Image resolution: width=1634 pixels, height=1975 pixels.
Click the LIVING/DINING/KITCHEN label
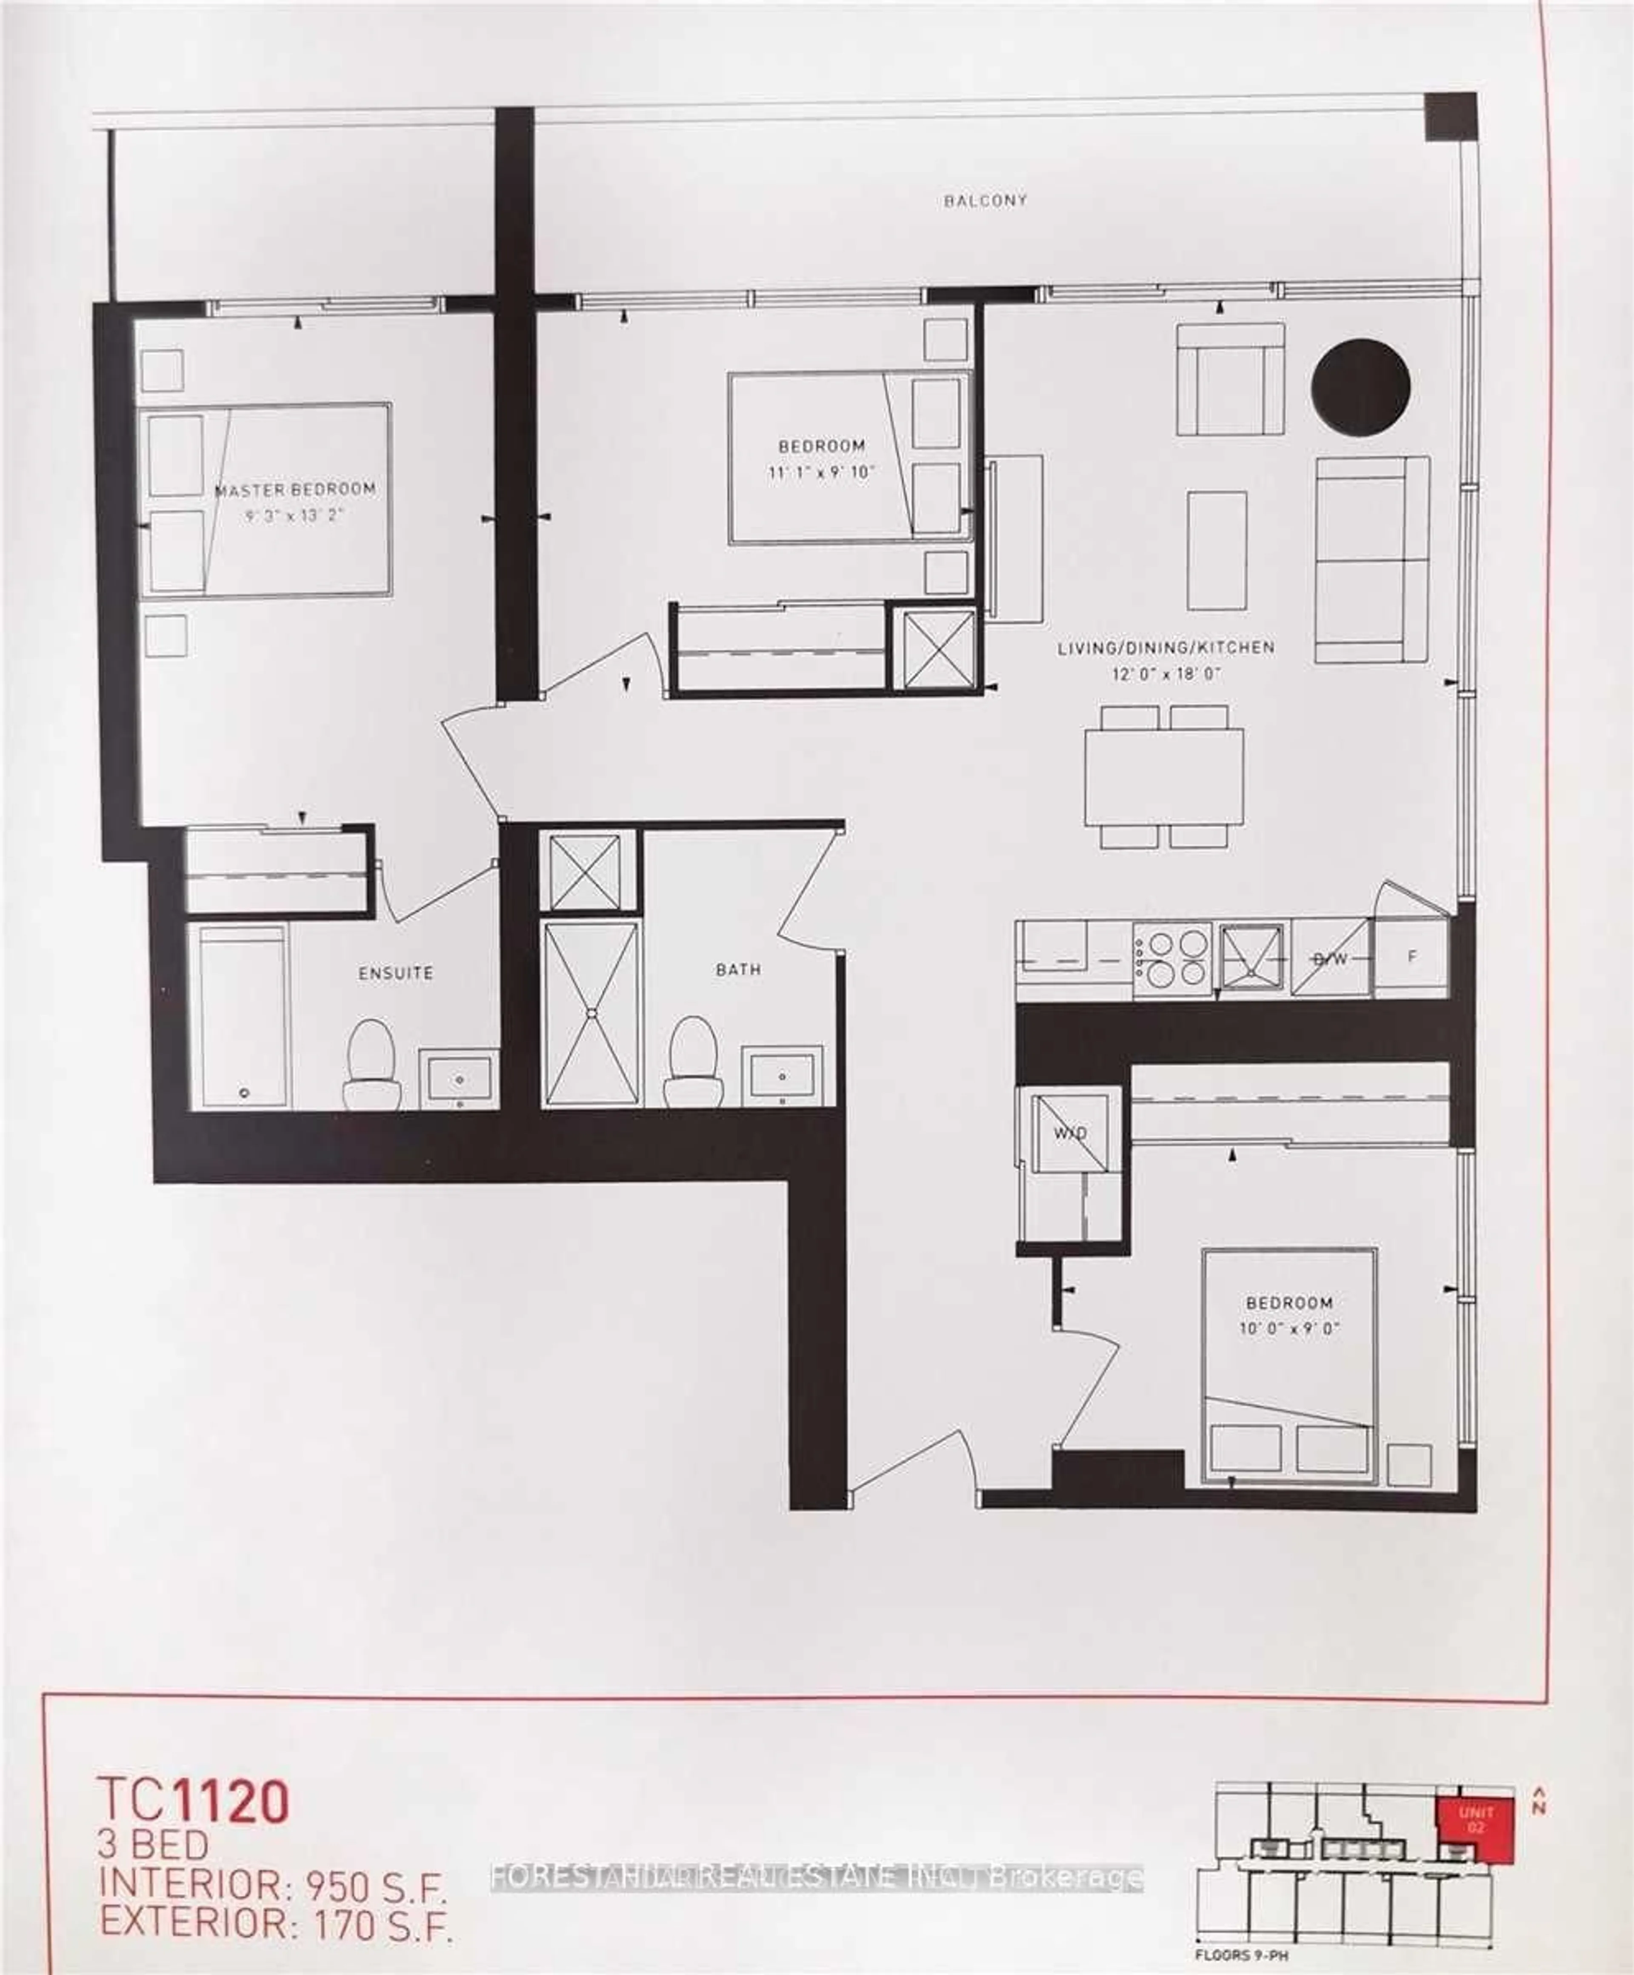pos(1166,647)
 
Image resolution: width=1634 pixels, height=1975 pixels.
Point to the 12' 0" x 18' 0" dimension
pos(1166,673)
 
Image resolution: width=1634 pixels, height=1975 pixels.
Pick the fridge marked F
pos(1411,957)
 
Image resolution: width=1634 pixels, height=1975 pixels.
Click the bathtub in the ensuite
pos(243,1016)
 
